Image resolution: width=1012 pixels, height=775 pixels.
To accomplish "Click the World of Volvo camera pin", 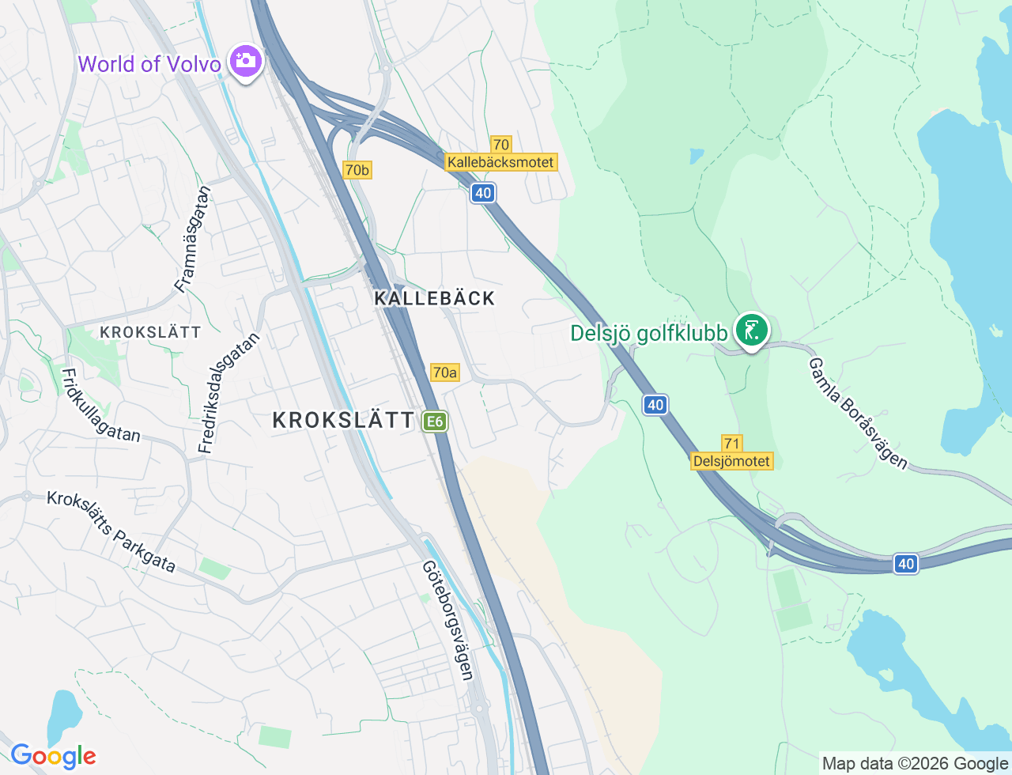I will tap(245, 61).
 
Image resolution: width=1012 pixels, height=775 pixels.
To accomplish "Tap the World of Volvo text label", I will tap(149, 64).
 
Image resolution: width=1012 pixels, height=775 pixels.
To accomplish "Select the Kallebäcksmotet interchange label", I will tap(501, 162).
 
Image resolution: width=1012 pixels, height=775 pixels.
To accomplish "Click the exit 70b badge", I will tap(357, 169).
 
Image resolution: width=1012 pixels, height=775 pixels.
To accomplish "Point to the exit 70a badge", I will tap(444, 372).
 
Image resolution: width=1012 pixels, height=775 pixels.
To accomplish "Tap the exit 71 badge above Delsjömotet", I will tap(731, 444).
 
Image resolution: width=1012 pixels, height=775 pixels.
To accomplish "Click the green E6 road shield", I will tap(434, 422).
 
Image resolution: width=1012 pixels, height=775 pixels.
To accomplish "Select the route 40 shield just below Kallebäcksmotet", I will tap(483, 192).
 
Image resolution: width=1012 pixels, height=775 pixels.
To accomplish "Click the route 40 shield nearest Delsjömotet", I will tap(655, 405).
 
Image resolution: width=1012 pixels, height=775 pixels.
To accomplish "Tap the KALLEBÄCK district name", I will tap(435, 298).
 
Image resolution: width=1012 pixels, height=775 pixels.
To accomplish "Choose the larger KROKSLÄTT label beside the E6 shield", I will tap(343, 420).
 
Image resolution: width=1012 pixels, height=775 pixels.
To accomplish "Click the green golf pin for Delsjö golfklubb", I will tap(751, 331).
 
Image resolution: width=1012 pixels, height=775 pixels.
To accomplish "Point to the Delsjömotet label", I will tap(731, 461).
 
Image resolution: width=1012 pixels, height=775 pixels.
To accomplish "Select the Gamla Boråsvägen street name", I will tap(858, 413).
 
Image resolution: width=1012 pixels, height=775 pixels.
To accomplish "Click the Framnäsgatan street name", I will tap(194, 239).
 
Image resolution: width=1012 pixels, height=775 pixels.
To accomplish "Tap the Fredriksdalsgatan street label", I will tap(228, 393).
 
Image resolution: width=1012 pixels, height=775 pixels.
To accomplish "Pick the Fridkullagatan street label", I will tap(100, 405).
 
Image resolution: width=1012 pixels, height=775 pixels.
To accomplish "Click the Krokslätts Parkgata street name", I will tap(111, 531).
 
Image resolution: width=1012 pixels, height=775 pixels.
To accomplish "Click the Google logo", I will tap(53, 756).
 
